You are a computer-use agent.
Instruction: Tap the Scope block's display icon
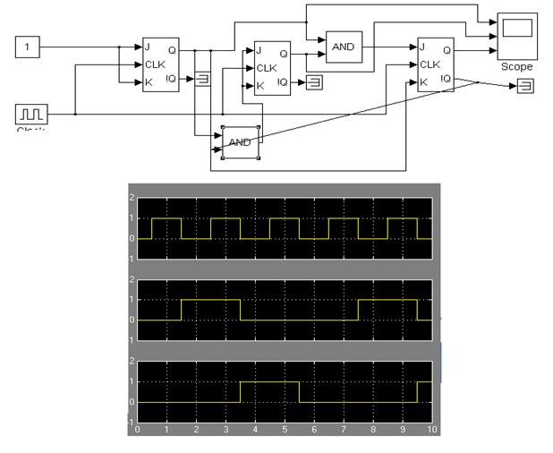pos(518,29)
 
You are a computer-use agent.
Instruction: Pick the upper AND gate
pos(345,47)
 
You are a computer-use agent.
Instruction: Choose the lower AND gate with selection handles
pos(238,141)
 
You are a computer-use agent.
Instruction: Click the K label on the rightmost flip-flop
pos(422,81)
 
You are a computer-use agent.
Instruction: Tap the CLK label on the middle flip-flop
pos(267,68)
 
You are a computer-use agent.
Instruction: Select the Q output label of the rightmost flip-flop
pos(459,50)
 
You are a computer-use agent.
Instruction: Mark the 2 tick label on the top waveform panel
pos(132,198)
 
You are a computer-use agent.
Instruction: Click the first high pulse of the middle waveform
pos(210,301)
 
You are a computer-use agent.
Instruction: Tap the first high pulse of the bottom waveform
pos(269,382)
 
